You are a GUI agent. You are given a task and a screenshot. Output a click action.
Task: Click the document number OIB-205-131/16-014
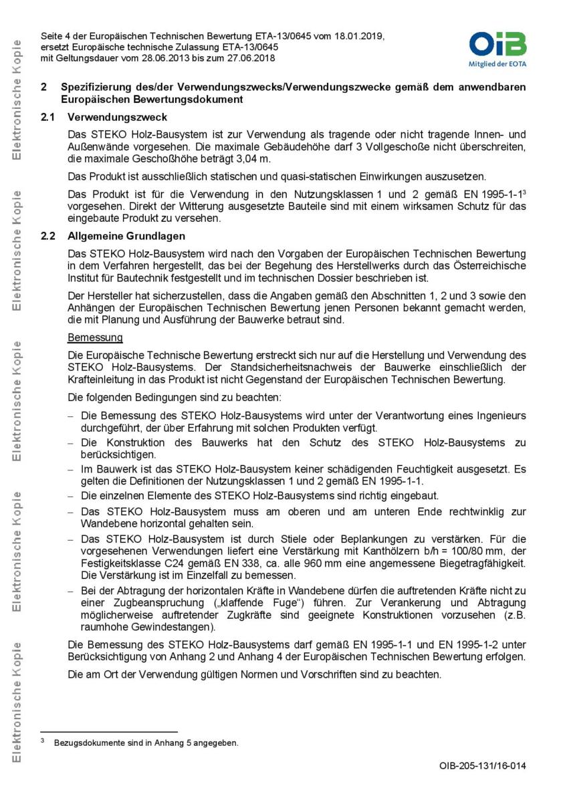482,766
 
